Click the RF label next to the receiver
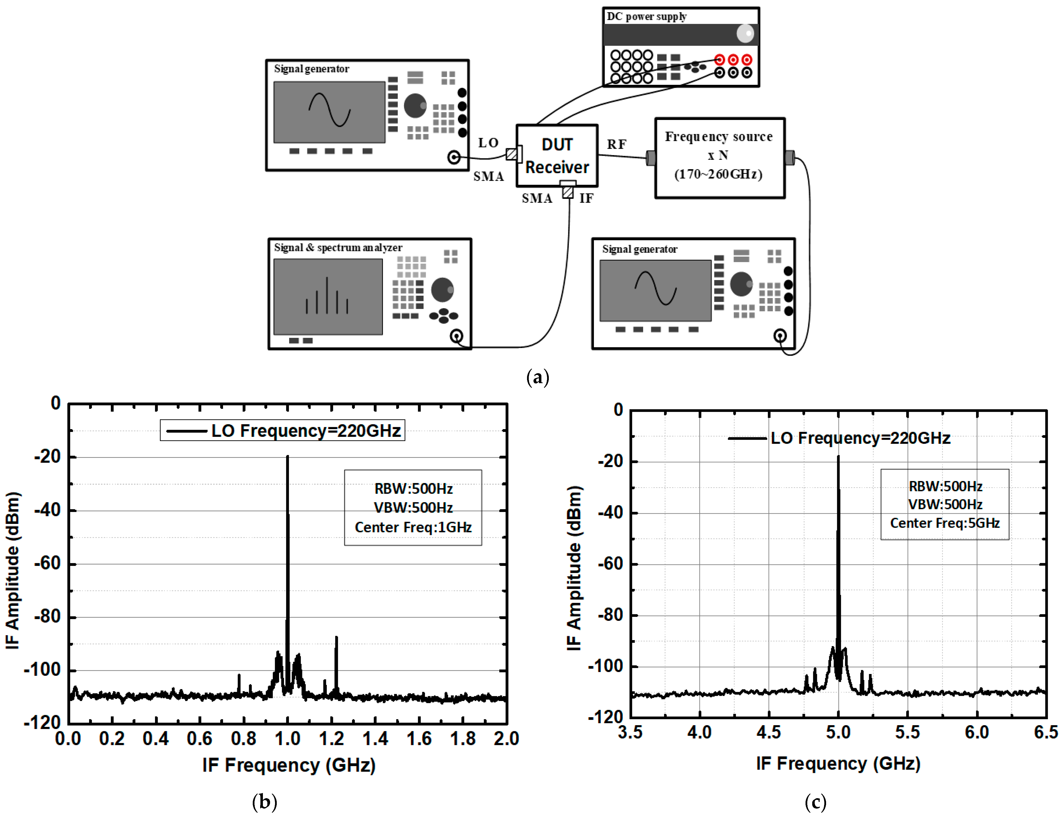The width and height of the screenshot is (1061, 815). (x=616, y=144)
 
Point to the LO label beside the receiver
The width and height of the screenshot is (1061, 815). (x=488, y=143)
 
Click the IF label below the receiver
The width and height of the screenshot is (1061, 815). (x=586, y=198)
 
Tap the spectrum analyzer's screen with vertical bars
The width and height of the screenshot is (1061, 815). (x=328, y=296)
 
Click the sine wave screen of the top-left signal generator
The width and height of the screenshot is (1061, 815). (x=329, y=112)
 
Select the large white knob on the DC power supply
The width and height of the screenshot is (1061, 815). (x=745, y=33)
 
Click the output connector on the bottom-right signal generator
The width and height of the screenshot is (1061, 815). (x=780, y=336)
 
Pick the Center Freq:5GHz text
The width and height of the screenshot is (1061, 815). (x=944, y=523)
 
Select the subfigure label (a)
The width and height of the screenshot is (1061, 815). (x=537, y=377)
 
